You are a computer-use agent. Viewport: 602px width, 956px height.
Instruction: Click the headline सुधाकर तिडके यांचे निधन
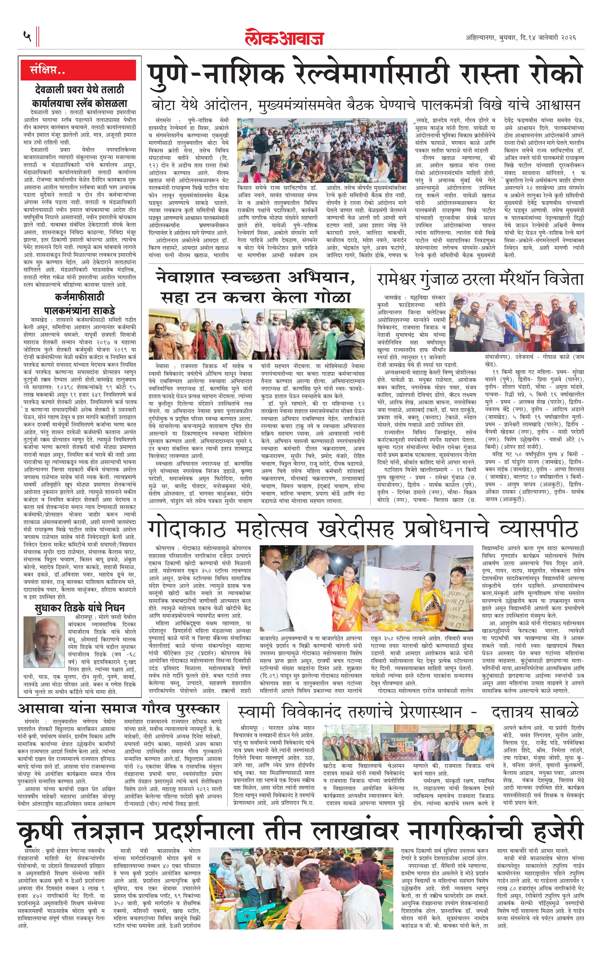pos(79,608)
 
